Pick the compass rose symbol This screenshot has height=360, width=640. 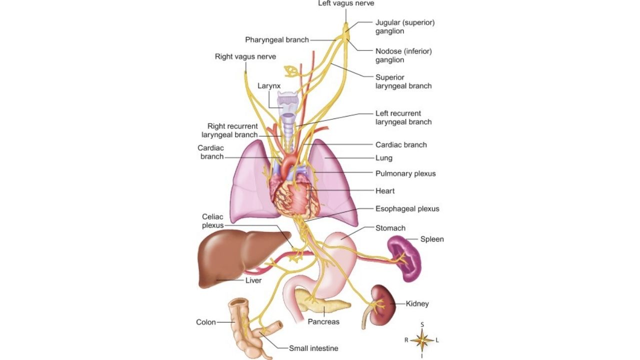[422, 340]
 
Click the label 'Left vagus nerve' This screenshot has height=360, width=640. [346, 3]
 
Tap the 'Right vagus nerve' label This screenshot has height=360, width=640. [245, 56]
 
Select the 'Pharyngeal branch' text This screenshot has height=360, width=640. [277, 39]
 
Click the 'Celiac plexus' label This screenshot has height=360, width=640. [213, 221]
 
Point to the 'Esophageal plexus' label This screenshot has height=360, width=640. [407, 208]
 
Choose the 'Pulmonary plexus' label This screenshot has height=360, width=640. [405, 173]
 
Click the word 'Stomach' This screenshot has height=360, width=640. [390, 228]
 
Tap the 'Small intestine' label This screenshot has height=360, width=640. [313, 348]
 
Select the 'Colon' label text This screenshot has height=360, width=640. [206, 322]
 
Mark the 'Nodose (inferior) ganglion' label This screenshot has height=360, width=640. [403, 55]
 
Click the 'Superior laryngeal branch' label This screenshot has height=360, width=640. [403, 81]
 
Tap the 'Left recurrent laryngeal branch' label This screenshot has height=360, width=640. [403, 117]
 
